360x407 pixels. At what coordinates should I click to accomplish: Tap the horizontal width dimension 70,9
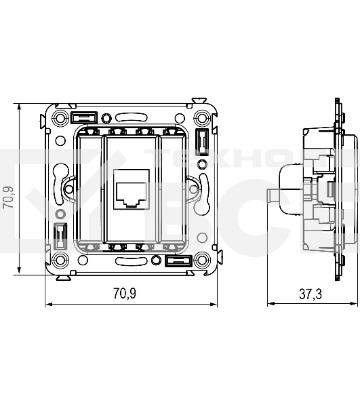[124, 294]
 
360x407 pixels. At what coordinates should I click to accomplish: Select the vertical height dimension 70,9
[8, 201]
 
